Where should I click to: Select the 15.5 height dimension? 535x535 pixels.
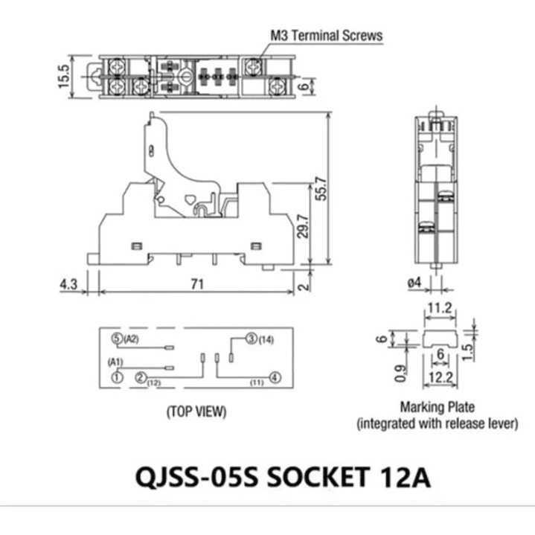(x=64, y=76)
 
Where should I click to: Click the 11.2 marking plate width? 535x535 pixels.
(x=438, y=307)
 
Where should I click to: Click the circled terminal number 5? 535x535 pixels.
(x=116, y=339)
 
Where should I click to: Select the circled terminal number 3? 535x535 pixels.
(x=251, y=339)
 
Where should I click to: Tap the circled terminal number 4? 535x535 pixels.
(x=275, y=377)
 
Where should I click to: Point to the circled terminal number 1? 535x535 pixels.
(x=117, y=377)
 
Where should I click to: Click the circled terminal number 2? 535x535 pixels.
(x=140, y=377)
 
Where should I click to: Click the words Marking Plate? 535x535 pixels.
(x=438, y=407)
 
